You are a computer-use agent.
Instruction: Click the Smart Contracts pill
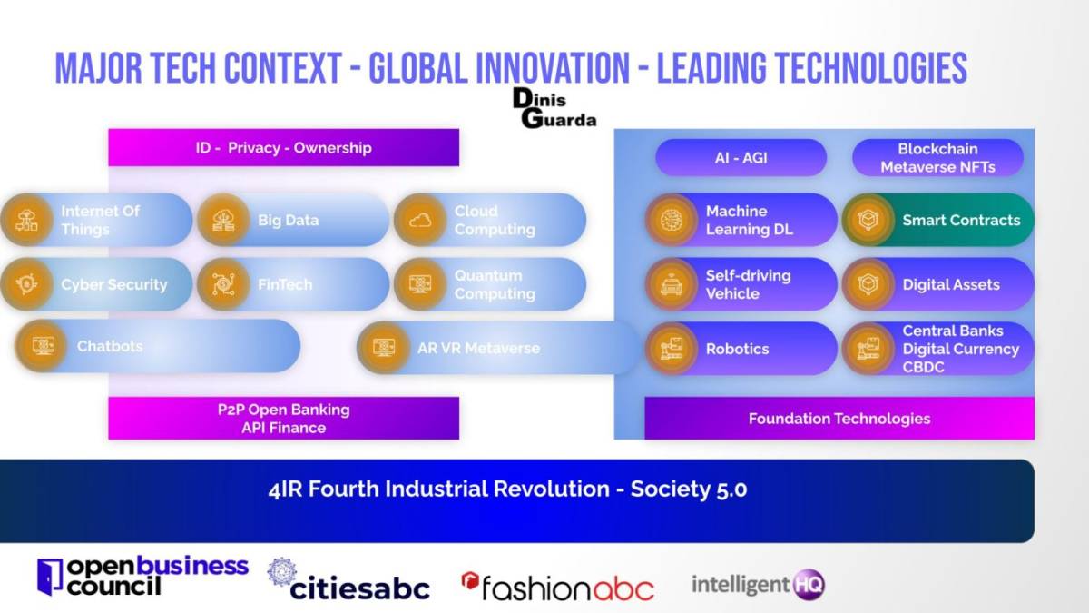click(938, 220)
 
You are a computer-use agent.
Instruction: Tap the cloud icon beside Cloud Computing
click(420, 221)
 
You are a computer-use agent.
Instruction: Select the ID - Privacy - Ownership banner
click(283, 147)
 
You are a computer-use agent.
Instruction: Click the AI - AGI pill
click(741, 158)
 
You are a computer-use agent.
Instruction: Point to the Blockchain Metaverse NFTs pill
click(937, 158)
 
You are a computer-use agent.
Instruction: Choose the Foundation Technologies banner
click(839, 419)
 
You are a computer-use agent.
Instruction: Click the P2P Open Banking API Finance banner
click(283, 419)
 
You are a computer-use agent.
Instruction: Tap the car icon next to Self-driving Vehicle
click(672, 284)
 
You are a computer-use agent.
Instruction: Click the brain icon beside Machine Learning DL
click(672, 220)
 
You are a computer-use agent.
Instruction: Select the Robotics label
click(737, 349)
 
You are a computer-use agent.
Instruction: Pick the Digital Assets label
click(951, 284)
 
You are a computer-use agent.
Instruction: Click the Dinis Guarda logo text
click(554, 108)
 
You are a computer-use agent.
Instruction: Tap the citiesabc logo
click(348, 579)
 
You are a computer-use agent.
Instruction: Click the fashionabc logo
click(557, 587)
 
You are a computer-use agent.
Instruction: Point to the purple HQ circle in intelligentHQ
click(809, 584)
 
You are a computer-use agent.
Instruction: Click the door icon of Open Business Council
click(50, 577)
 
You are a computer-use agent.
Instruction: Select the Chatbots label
click(110, 346)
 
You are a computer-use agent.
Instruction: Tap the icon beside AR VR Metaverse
click(384, 348)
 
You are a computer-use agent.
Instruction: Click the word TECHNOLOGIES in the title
click(870, 67)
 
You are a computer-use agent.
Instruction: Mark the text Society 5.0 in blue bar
click(689, 489)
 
